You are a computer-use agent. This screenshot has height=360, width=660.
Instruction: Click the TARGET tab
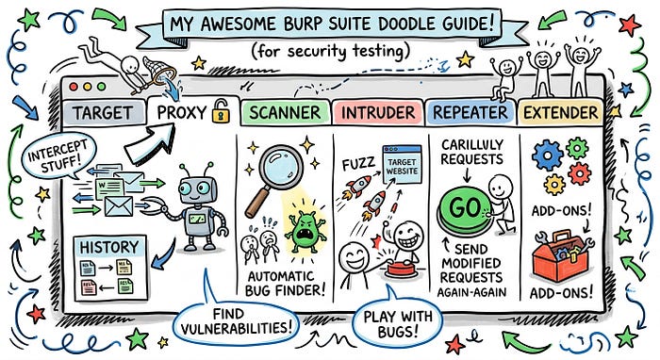coord(104,113)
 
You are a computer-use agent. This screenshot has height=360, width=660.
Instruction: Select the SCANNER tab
coord(285,113)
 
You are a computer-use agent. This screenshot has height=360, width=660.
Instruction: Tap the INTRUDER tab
coord(377,113)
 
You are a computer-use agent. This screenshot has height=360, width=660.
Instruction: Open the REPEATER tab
coord(470,113)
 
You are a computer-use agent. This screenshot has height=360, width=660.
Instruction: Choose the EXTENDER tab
coord(560,113)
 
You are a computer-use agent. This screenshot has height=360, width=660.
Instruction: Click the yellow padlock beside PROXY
coord(221,111)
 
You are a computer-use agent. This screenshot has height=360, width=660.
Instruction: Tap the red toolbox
coord(560,256)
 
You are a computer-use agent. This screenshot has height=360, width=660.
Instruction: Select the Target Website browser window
coord(402,164)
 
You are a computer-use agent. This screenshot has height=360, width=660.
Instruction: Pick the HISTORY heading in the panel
coord(109,247)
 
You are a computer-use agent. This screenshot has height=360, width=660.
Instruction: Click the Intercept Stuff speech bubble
coord(58,156)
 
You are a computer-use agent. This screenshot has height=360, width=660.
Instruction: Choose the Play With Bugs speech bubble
coord(397,323)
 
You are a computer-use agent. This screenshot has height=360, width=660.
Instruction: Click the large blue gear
coord(547,155)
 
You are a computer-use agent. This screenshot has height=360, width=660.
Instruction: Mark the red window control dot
coord(74,87)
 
